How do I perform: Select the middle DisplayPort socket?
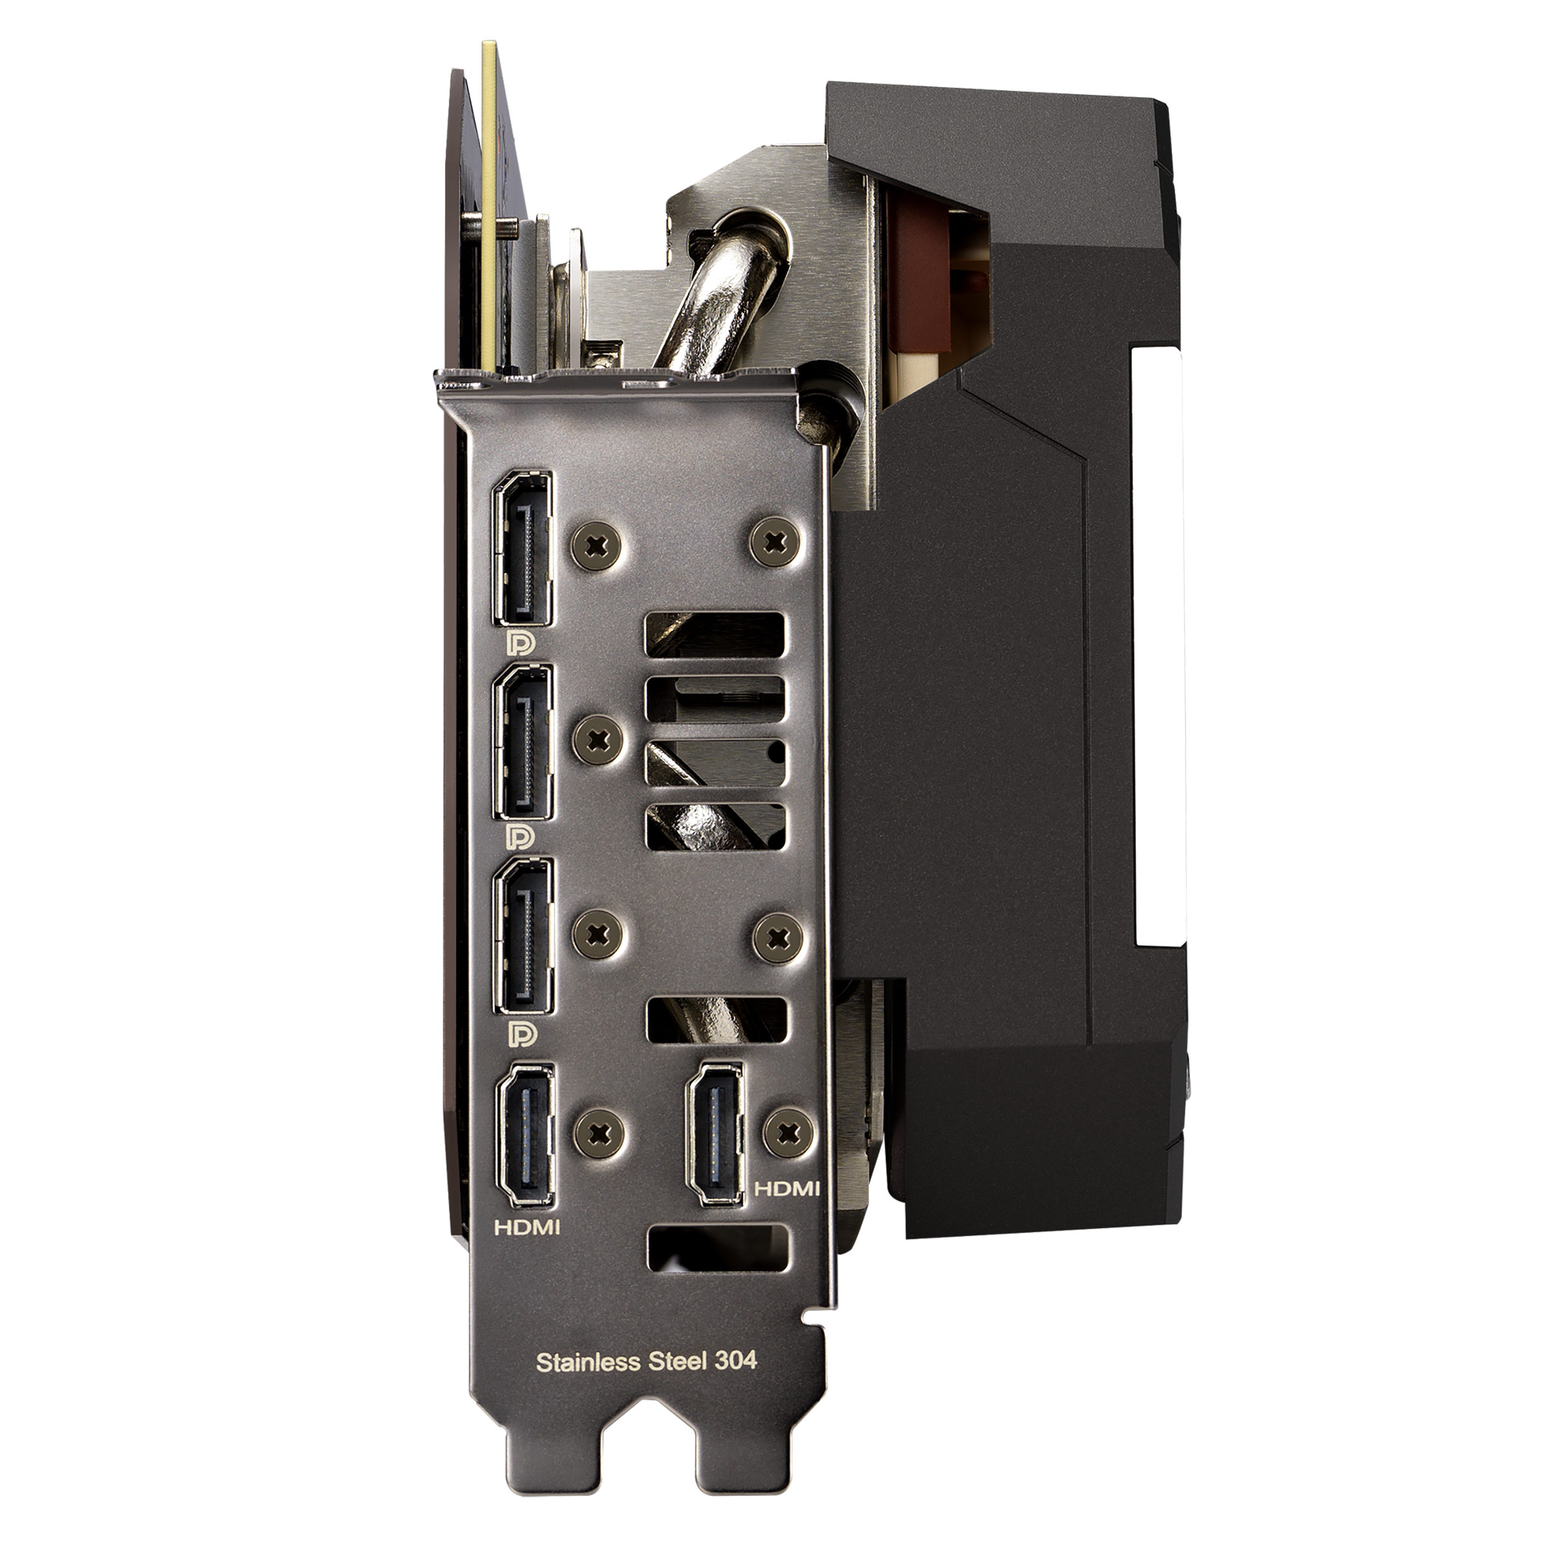point(524,742)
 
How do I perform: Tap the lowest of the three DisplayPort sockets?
point(524,936)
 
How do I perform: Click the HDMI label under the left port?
point(527,1249)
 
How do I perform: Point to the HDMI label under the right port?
point(788,1210)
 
